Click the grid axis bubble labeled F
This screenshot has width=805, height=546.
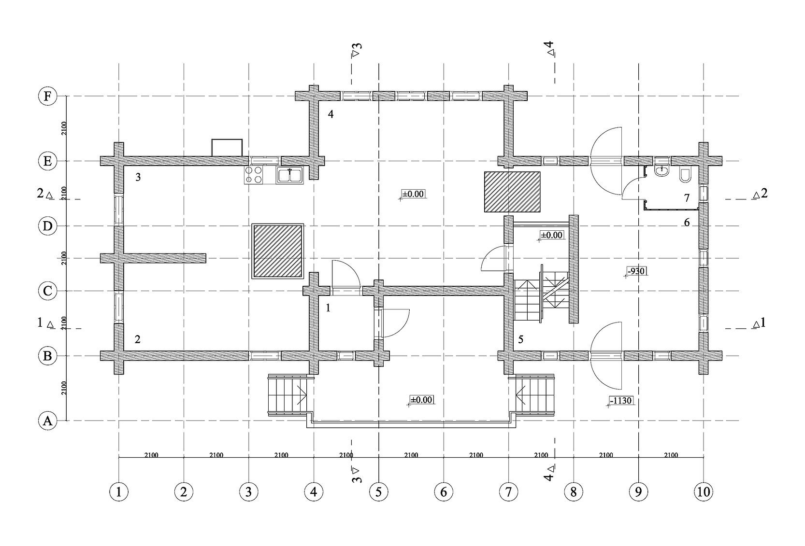click(x=47, y=97)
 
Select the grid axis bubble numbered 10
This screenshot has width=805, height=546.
click(x=703, y=492)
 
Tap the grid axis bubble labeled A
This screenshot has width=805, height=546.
click(x=47, y=421)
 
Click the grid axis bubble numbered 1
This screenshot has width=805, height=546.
click(x=119, y=492)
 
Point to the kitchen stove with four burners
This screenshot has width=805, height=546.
click(x=254, y=175)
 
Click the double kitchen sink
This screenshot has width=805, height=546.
click(x=289, y=175)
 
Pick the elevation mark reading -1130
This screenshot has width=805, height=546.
click(x=621, y=401)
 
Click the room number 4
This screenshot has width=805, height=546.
click(x=331, y=114)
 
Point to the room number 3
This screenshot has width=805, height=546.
click(x=138, y=177)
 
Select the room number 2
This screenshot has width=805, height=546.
click(x=138, y=339)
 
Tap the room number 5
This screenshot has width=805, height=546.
click(x=520, y=339)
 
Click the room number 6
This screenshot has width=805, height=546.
click(x=687, y=223)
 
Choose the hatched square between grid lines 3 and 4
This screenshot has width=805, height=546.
click(x=278, y=251)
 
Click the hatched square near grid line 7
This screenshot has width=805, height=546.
click(x=512, y=192)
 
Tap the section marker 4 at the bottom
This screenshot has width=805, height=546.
click(x=549, y=474)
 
